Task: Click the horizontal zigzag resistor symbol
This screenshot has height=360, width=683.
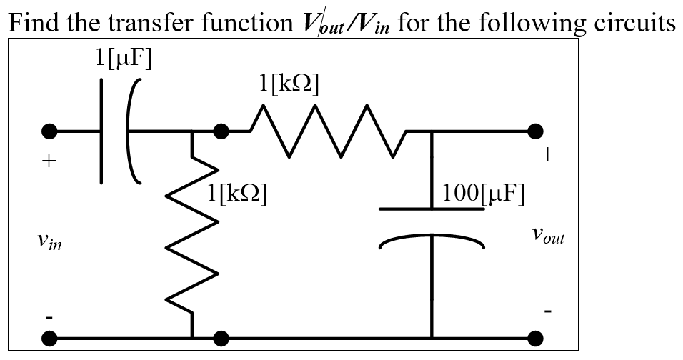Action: coord(327,131)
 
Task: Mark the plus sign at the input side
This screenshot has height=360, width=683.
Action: coord(48,162)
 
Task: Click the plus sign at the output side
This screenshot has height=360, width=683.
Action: coord(548,154)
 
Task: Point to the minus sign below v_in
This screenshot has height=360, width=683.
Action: coord(48,315)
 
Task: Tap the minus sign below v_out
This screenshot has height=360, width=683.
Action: coord(548,311)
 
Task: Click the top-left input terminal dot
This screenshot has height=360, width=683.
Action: coord(49,131)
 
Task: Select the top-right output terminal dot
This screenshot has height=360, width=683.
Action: coord(535,131)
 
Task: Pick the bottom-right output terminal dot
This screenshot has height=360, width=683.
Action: coord(535,337)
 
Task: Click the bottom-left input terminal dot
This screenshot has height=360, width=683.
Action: coord(49,337)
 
